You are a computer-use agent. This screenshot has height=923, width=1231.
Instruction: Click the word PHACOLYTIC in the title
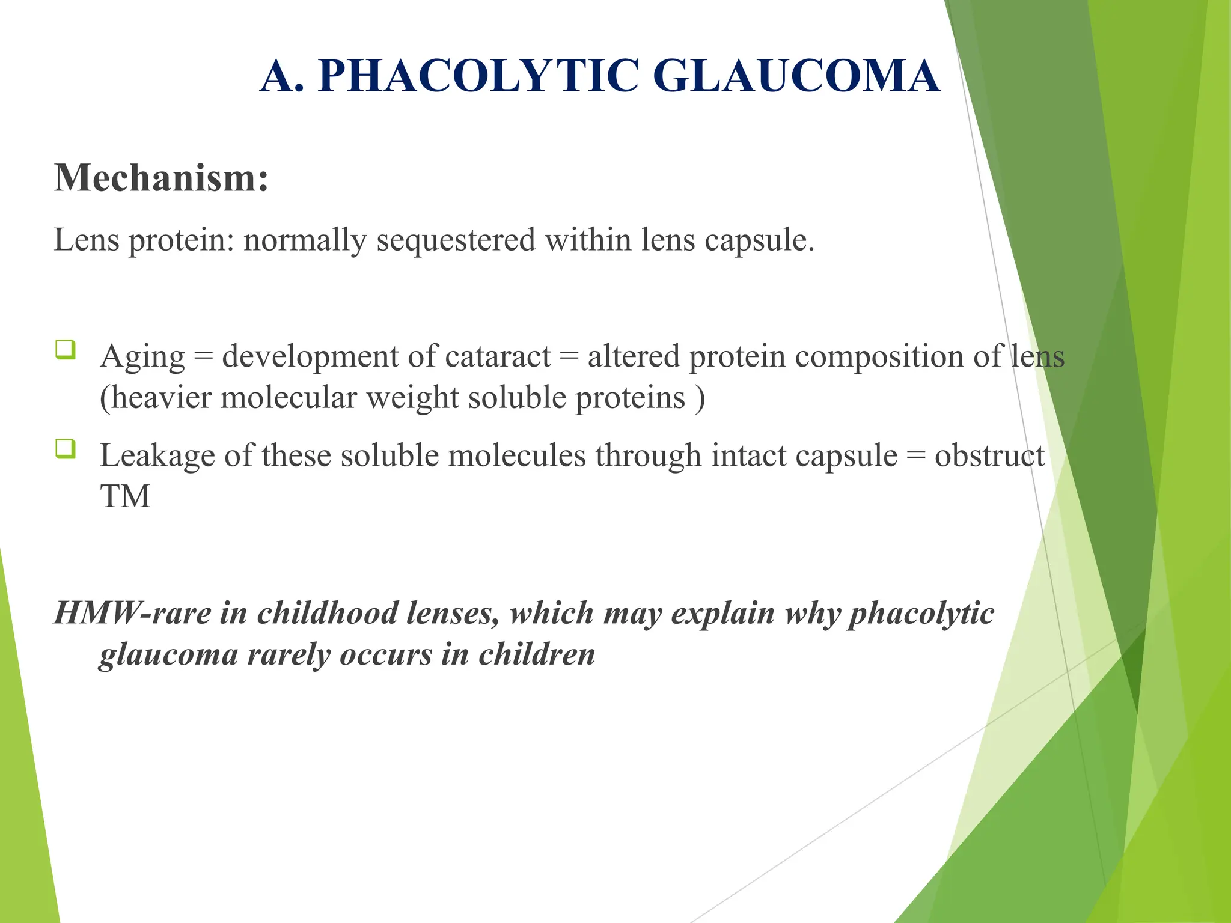tap(478, 76)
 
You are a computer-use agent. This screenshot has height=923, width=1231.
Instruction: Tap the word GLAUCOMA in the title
tap(796, 76)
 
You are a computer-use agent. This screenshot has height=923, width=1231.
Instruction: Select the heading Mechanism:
tap(161, 178)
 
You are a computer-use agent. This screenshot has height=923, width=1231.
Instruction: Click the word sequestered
tap(456, 240)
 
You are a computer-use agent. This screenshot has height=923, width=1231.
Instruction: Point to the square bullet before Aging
tap(66, 349)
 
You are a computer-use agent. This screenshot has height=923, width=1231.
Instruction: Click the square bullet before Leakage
tap(66, 448)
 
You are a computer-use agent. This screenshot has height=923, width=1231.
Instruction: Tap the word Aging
tap(142, 358)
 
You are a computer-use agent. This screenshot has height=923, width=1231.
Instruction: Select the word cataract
tap(498, 356)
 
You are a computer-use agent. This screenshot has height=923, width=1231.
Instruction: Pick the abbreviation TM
tap(125, 497)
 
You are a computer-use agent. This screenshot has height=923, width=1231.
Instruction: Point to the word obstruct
tap(989, 456)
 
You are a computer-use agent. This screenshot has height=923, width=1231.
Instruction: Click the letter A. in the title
tap(281, 76)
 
